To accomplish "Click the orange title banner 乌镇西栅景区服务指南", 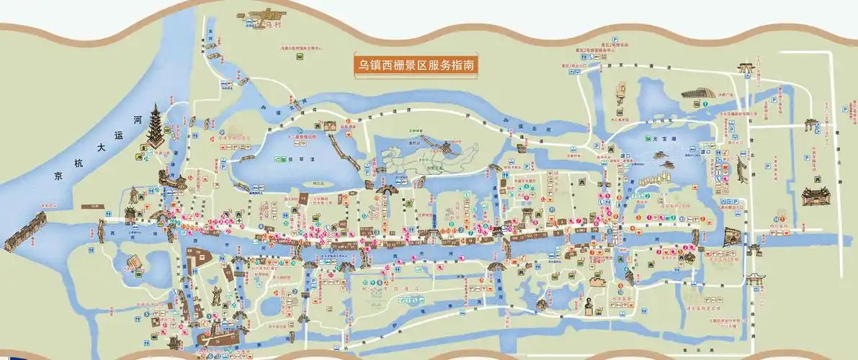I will (x=416, y=65).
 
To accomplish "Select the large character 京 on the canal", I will (x=60, y=176).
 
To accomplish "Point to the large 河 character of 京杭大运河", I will (x=138, y=119).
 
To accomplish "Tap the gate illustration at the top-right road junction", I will (x=744, y=68).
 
